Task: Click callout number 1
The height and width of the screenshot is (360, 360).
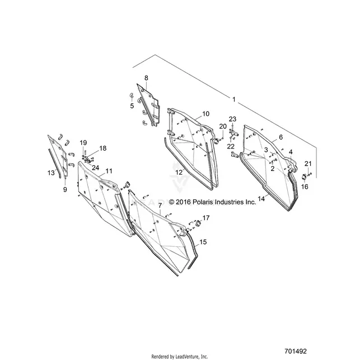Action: pos(234,100)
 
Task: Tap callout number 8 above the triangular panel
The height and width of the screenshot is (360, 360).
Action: pos(146,78)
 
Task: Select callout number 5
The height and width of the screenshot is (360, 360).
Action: pos(132,106)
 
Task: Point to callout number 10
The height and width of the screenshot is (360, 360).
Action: pos(205,114)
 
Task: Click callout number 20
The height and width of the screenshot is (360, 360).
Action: pos(223,127)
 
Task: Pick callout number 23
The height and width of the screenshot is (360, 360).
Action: pos(232,119)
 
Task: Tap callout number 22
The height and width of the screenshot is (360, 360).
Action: pos(231,146)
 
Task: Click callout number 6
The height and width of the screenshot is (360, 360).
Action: pos(281,137)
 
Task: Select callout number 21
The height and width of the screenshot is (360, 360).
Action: pos(308,163)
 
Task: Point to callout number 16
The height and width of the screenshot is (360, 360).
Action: pos(305,186)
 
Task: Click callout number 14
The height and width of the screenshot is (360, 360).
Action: pos(261,199)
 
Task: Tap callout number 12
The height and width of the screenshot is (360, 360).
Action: pos(179,172)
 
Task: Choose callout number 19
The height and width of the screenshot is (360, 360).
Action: pos(83,143)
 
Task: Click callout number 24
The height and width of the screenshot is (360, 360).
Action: pos(95,168)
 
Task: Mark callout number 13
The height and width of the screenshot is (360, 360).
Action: pos(51,172)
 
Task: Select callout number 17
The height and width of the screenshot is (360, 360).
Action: pos(206,218)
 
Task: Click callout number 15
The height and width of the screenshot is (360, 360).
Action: pos(203,242)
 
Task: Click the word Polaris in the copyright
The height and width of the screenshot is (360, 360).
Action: pos(202,202)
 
